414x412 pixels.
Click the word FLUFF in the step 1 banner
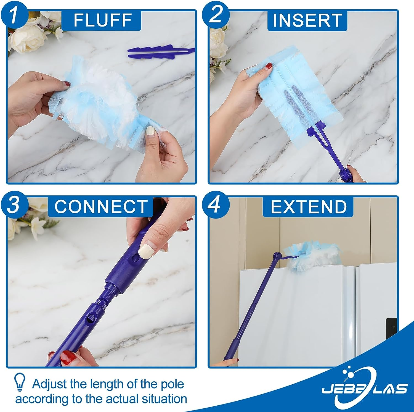(102, 20)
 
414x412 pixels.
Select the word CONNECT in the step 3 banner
(101, 206)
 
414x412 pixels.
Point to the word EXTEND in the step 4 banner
(308, 206)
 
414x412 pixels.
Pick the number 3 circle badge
(14, 206)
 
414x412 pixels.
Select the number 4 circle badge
(216, 206)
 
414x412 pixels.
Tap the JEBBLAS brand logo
(364, 383)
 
